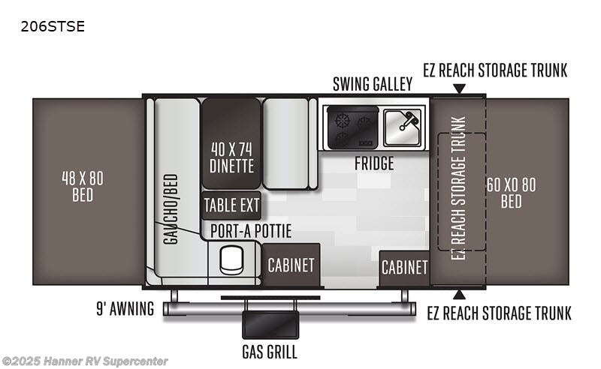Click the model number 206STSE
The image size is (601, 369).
tap(53, 26)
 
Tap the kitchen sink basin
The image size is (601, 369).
tap(403, 127)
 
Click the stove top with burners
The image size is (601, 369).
tap(352, 127)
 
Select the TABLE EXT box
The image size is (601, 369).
tap(231, 205)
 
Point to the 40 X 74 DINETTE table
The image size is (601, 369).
tap(231, 143)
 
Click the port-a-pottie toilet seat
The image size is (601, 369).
tap(231, 260)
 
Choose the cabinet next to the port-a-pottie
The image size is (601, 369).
tap(291, 265)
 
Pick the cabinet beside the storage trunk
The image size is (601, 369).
tap(404, 268)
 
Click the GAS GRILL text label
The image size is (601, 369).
tap(270, 352)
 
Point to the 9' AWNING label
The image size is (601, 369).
tap(125, 309)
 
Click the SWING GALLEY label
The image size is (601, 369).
tap(373, 84)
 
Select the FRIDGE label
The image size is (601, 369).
tap(374, 163)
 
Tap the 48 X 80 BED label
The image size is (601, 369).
tap(83, 187)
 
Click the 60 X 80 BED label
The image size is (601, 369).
tap(512, 193)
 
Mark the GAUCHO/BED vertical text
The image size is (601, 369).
tap(171, 209)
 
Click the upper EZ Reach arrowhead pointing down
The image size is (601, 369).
tap(459, 88)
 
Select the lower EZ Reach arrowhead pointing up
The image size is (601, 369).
tap(459, 294)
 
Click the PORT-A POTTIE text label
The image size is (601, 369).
tap(251, 231)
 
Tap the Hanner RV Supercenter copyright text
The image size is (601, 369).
tap(85, 361)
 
